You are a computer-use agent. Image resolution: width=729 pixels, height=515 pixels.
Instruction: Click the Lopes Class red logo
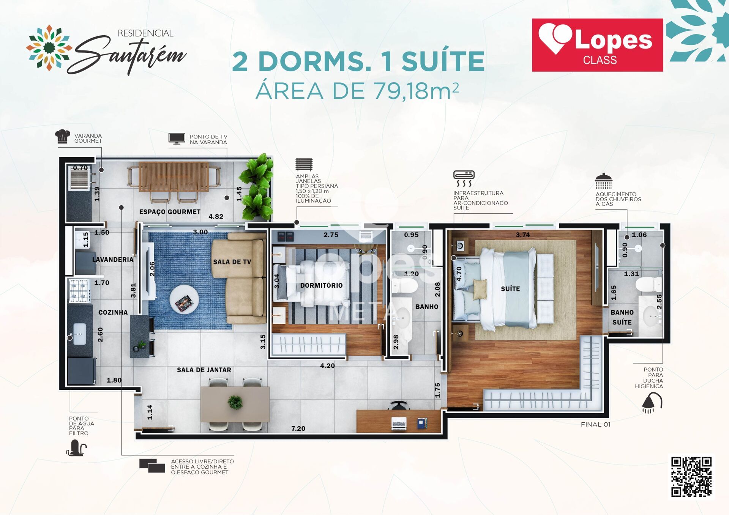597,45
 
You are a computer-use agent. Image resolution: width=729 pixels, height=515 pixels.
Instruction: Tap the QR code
691,477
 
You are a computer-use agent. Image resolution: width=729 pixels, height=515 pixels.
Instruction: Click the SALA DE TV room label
232,262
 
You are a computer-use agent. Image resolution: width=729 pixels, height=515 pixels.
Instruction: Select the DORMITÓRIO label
321,285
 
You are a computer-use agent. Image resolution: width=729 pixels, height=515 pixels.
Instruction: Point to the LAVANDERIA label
113,260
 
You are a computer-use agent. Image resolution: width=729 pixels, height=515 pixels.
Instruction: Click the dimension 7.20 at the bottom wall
298,428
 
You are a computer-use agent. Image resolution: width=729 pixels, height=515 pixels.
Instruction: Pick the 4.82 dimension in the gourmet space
216,216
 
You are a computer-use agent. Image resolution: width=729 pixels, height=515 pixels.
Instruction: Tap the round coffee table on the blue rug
184,299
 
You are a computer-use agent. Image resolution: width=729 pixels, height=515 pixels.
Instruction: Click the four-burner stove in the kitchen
80,290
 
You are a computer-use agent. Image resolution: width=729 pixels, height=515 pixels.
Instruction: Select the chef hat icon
63,136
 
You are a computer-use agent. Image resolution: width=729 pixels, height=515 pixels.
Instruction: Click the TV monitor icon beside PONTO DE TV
177,139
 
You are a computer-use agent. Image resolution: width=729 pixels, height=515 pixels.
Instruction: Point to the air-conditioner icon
464,178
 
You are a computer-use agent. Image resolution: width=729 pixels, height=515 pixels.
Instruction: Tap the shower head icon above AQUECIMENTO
603,181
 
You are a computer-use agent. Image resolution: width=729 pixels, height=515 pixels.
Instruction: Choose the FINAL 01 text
596,424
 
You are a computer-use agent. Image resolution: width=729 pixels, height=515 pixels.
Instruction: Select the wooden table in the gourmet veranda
174,177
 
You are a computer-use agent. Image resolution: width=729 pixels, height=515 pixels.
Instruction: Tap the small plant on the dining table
235,402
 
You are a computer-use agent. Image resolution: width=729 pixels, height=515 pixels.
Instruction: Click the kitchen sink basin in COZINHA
79,334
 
